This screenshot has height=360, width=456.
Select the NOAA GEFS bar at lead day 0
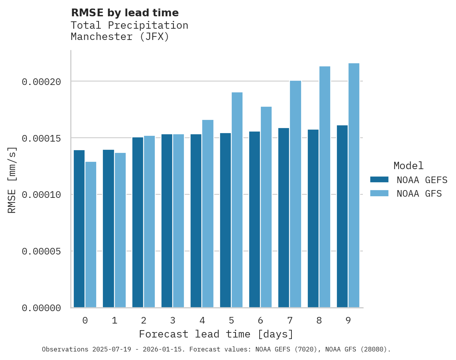[79, 229]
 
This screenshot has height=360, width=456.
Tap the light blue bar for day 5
[237, 200]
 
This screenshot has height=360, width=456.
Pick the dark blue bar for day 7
[284, 218]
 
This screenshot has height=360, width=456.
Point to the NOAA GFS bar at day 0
[91, 235]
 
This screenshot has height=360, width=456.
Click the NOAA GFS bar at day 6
[266, 207]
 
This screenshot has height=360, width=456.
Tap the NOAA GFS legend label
[419, 194]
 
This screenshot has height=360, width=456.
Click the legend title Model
[408, 166]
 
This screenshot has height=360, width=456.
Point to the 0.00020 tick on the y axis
[42, 81]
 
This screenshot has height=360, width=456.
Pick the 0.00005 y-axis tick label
[42, 251]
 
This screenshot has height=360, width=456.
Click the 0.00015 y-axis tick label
[42, 138]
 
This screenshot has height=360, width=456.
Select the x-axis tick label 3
[173, 320]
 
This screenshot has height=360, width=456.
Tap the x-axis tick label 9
[348, 320]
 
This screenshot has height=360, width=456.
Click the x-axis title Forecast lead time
[216, 334]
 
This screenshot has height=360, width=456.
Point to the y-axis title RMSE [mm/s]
[12, 180]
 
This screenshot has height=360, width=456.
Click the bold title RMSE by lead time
[125, 13]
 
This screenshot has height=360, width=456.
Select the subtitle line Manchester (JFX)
[120, 37]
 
